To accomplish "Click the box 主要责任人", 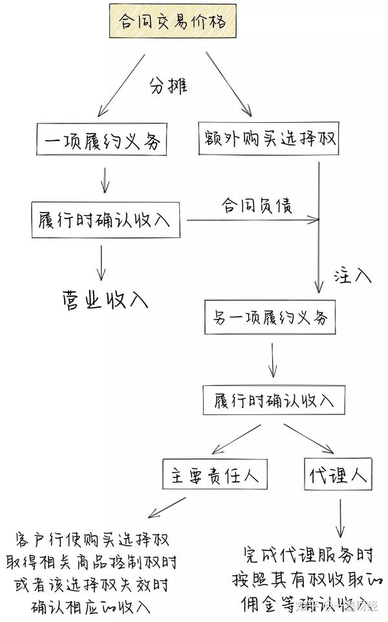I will click(215, 476).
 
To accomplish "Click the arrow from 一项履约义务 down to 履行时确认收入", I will click(105, 180).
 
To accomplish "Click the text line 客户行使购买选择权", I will click(93, 539).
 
